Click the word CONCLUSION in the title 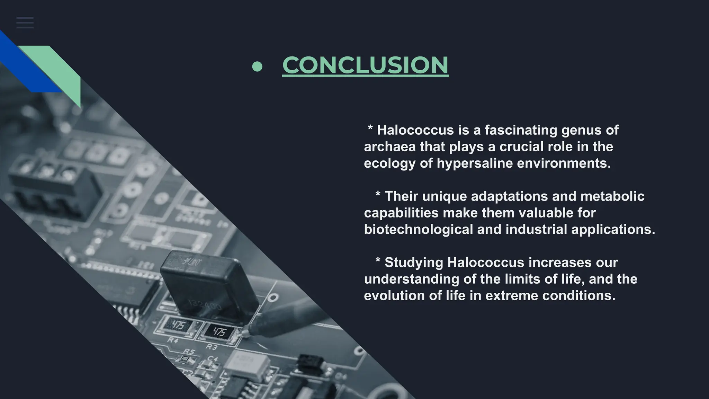coord(365,65)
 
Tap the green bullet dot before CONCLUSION coord(257,66)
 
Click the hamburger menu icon coord(25,23)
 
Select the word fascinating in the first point coord(521,130)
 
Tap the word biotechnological coord(418,229)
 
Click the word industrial coord(536,229)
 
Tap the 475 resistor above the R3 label coord(219,332)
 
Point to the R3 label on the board coord(212,347)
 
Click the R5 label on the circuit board coord(189,352)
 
